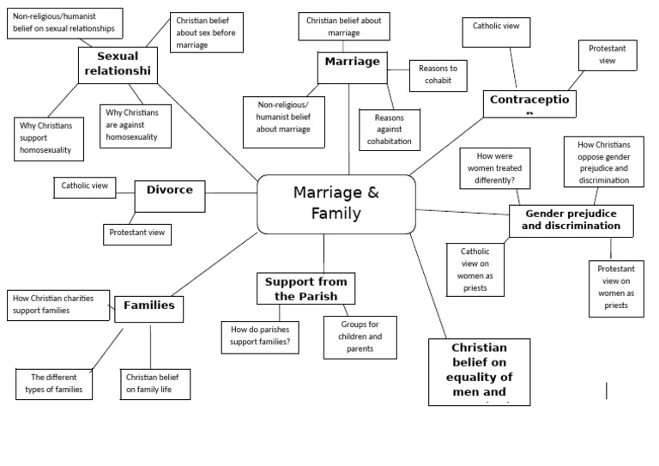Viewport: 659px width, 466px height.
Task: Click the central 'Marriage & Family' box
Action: (336, 204)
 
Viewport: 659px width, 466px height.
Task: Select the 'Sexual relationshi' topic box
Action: (118, 64)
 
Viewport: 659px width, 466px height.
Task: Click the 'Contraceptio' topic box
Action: (531, 103)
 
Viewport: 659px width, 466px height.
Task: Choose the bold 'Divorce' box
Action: (170, 196)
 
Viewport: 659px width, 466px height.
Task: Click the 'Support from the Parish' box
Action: (306, 288)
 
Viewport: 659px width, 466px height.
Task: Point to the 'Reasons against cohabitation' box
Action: (390, 129)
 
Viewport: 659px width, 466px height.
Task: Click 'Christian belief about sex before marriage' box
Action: (207, 32)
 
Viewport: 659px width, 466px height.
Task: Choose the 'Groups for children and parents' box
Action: (359, 336)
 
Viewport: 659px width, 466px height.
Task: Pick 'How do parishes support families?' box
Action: (260, 337)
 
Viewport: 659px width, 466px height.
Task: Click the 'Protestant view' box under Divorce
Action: (137, 233)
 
